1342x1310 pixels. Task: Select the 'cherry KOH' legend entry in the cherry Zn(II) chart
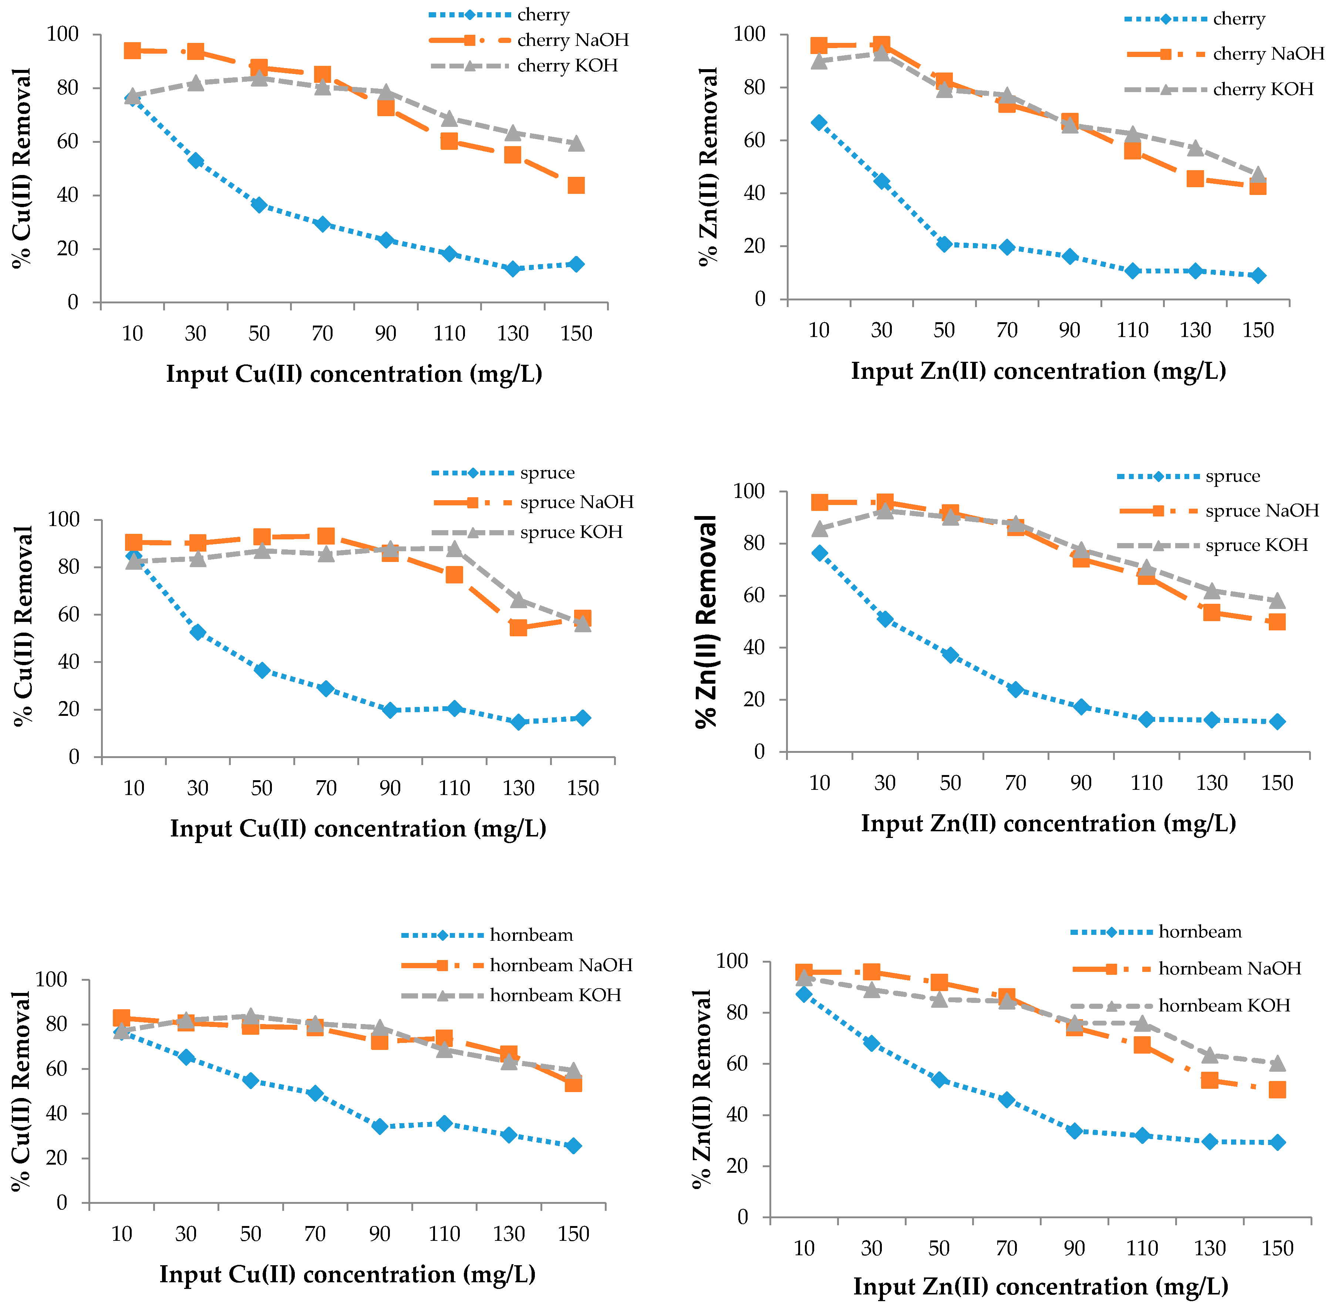[x=1263, y=90]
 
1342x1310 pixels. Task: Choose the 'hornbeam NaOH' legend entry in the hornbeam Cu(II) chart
[x=561, y=965]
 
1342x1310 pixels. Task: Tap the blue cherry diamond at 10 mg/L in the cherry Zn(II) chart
[x=819, y=122]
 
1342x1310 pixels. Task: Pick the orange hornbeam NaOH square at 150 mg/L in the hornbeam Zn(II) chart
[x=1277, y=1089]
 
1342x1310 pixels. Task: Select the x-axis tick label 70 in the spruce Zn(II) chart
[x=1015, y=783]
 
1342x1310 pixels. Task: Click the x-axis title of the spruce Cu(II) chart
[x=358, y=828]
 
